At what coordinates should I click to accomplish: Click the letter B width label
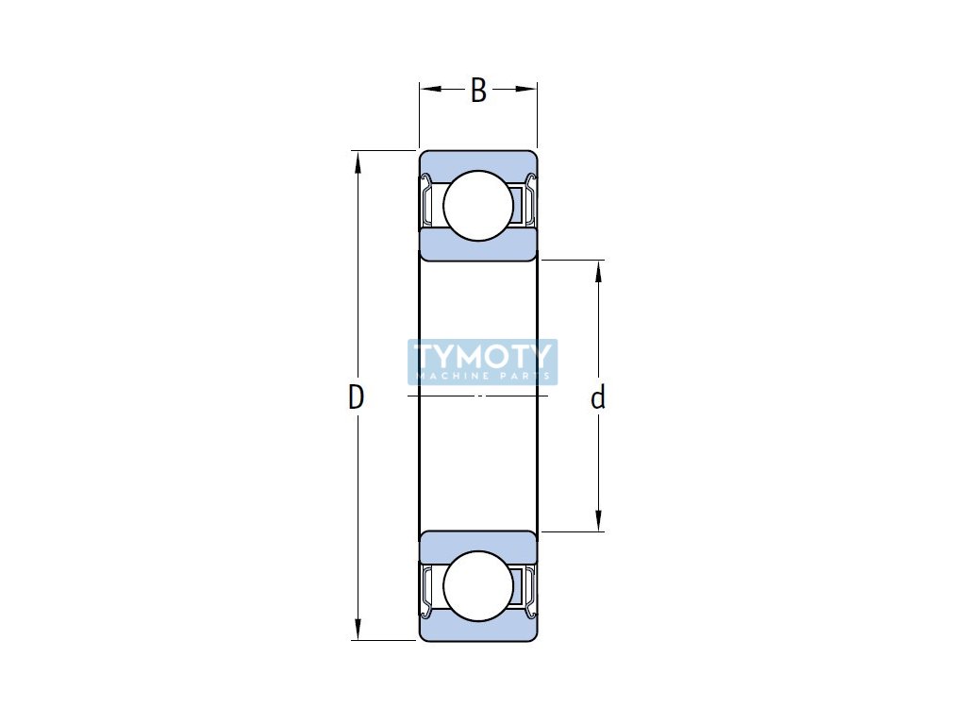[478, 91]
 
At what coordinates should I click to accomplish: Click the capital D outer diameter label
[356, 398]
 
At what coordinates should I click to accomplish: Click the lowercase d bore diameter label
[597, 398]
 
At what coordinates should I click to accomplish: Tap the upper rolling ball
[478, 205]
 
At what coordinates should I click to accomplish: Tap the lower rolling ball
[478, 586]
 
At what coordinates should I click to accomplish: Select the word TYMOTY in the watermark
[482, 356]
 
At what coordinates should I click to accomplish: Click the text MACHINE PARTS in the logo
[482, 376]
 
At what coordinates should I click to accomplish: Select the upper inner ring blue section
[478, 246]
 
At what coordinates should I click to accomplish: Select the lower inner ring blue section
[478, 545]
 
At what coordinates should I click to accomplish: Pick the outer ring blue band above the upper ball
[478, 159]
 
